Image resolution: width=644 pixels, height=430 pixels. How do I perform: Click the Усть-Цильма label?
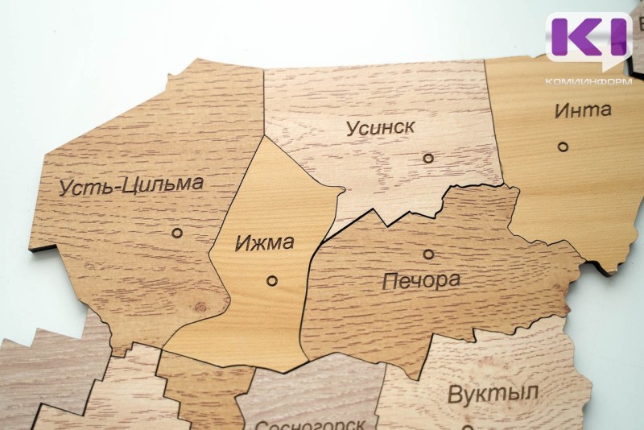(131, 185)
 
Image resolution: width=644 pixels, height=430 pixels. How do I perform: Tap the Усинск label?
(381, 127)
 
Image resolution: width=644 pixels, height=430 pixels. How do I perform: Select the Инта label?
(583, 110)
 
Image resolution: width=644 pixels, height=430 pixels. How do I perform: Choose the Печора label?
(421, 281)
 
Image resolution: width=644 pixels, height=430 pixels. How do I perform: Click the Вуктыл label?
(489, 396)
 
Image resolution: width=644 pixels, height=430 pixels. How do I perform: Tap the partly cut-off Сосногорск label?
(310, 424)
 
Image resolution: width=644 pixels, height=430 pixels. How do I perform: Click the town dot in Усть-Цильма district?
(177, 233)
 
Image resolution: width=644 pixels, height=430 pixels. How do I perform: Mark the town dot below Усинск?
(428, 159)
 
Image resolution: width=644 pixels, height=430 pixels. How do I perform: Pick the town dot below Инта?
(563, 147)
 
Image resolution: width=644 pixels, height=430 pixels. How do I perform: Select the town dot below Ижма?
(272, 280)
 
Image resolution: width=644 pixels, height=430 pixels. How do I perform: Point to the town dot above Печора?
(428, 254)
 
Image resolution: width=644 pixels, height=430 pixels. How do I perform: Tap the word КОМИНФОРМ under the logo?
(588, 81)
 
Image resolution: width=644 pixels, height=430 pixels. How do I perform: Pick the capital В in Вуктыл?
(457, 395)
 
